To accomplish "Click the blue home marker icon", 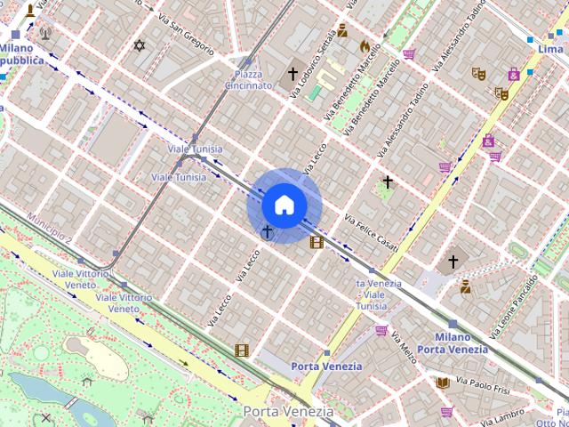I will [x=284, y=205].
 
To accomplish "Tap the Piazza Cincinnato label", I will [x=248, y=80].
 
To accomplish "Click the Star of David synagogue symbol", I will [x=138, y=45].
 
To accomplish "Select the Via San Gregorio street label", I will [x=187, y=31].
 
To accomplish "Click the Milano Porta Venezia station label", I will [x=453, y=343].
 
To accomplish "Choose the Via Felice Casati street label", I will [x=371, y=231].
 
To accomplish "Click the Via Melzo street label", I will [x=403, y=347].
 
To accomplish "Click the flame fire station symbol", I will [x=365, y=45].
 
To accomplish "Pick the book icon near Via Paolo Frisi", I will [x=442, y=383].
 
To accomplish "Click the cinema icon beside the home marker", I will [x=316, y=241].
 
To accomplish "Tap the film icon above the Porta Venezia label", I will [x=241, y=350].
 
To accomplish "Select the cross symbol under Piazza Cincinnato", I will [x=293, y=75].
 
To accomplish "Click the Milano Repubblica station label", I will [x=22, y=53].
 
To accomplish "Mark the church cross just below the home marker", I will [x=267, y=232].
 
